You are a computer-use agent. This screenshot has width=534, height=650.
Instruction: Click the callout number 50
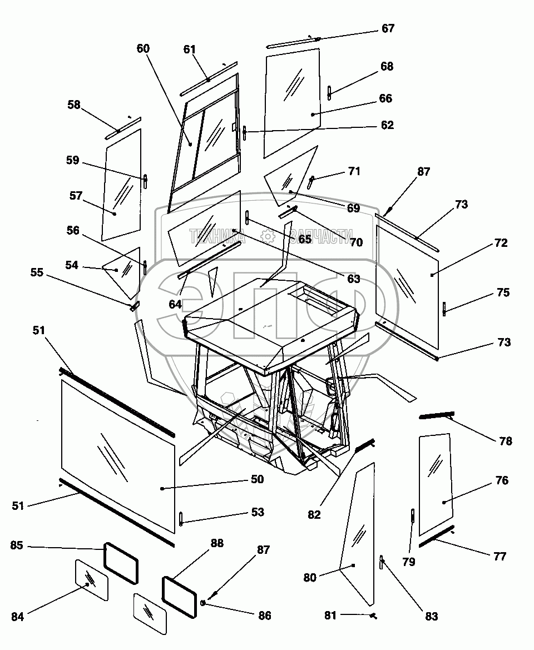click(x=256, y=479)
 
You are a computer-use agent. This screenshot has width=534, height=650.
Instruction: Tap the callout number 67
click(x=387, y=28)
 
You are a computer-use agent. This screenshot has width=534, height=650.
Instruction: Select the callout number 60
click(x=143, y=48)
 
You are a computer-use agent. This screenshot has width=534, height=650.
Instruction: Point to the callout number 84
click(x=18, y=617)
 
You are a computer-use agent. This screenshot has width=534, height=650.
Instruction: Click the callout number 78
click(x=505, y=441)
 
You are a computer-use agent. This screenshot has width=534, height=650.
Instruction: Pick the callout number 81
click(x=332, y=616)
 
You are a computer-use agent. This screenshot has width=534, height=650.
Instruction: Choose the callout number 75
click(x=503, y=292)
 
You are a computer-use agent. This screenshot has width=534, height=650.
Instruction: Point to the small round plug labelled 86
click(x=204, y=603)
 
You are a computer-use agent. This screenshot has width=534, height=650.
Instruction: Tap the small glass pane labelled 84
click(x=91, y=579)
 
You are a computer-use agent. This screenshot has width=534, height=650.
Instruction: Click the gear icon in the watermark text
click(x=268, y=237)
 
